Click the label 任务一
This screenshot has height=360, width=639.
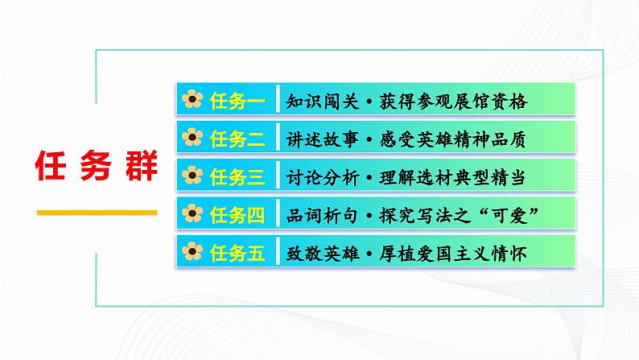(x=237, y=101)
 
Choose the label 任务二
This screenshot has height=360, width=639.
(x=237, y=138)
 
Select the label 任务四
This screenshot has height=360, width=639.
(x=237, y=213)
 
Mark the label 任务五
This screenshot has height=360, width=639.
(x=237, y=251)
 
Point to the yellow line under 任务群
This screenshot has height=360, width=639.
(x=97, y=213)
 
